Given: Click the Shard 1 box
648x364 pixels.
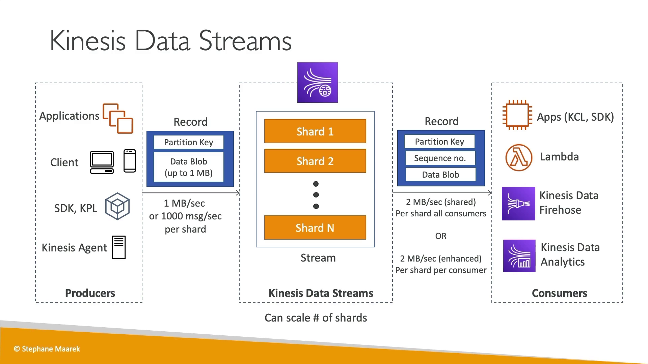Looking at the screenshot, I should [315, 131].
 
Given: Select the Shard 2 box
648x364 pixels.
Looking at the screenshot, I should [315, 161].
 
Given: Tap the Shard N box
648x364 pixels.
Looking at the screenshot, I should [315, 228].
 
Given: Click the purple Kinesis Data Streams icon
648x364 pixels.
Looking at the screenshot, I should [317, 83].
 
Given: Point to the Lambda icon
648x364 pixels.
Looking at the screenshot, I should [519, 158].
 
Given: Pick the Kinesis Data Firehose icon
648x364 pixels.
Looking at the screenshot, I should [518, 204].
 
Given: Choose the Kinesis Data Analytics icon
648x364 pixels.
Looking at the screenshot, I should [519, 256].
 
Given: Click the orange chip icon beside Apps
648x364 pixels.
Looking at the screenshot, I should [517, 115].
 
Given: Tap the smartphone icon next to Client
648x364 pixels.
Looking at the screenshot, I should [130, 161].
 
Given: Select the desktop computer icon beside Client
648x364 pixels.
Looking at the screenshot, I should [102, 162].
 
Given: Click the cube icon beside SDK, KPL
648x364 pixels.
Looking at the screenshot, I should [117, 206].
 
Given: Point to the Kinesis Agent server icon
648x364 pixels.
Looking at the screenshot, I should [119, 247].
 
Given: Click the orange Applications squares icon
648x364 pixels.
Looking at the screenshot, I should [118, 118].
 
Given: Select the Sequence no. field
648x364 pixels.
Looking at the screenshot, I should [440, 158].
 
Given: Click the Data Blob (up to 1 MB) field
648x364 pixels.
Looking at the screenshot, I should [189, 167].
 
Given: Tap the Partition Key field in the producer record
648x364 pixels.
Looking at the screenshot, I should [189, 142].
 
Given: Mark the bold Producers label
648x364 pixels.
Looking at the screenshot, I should [90, 293].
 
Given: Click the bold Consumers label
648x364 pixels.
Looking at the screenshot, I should [559, 293].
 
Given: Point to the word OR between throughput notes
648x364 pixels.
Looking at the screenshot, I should [441, 236].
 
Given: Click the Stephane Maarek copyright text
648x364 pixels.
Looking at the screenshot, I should [47, 349].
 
